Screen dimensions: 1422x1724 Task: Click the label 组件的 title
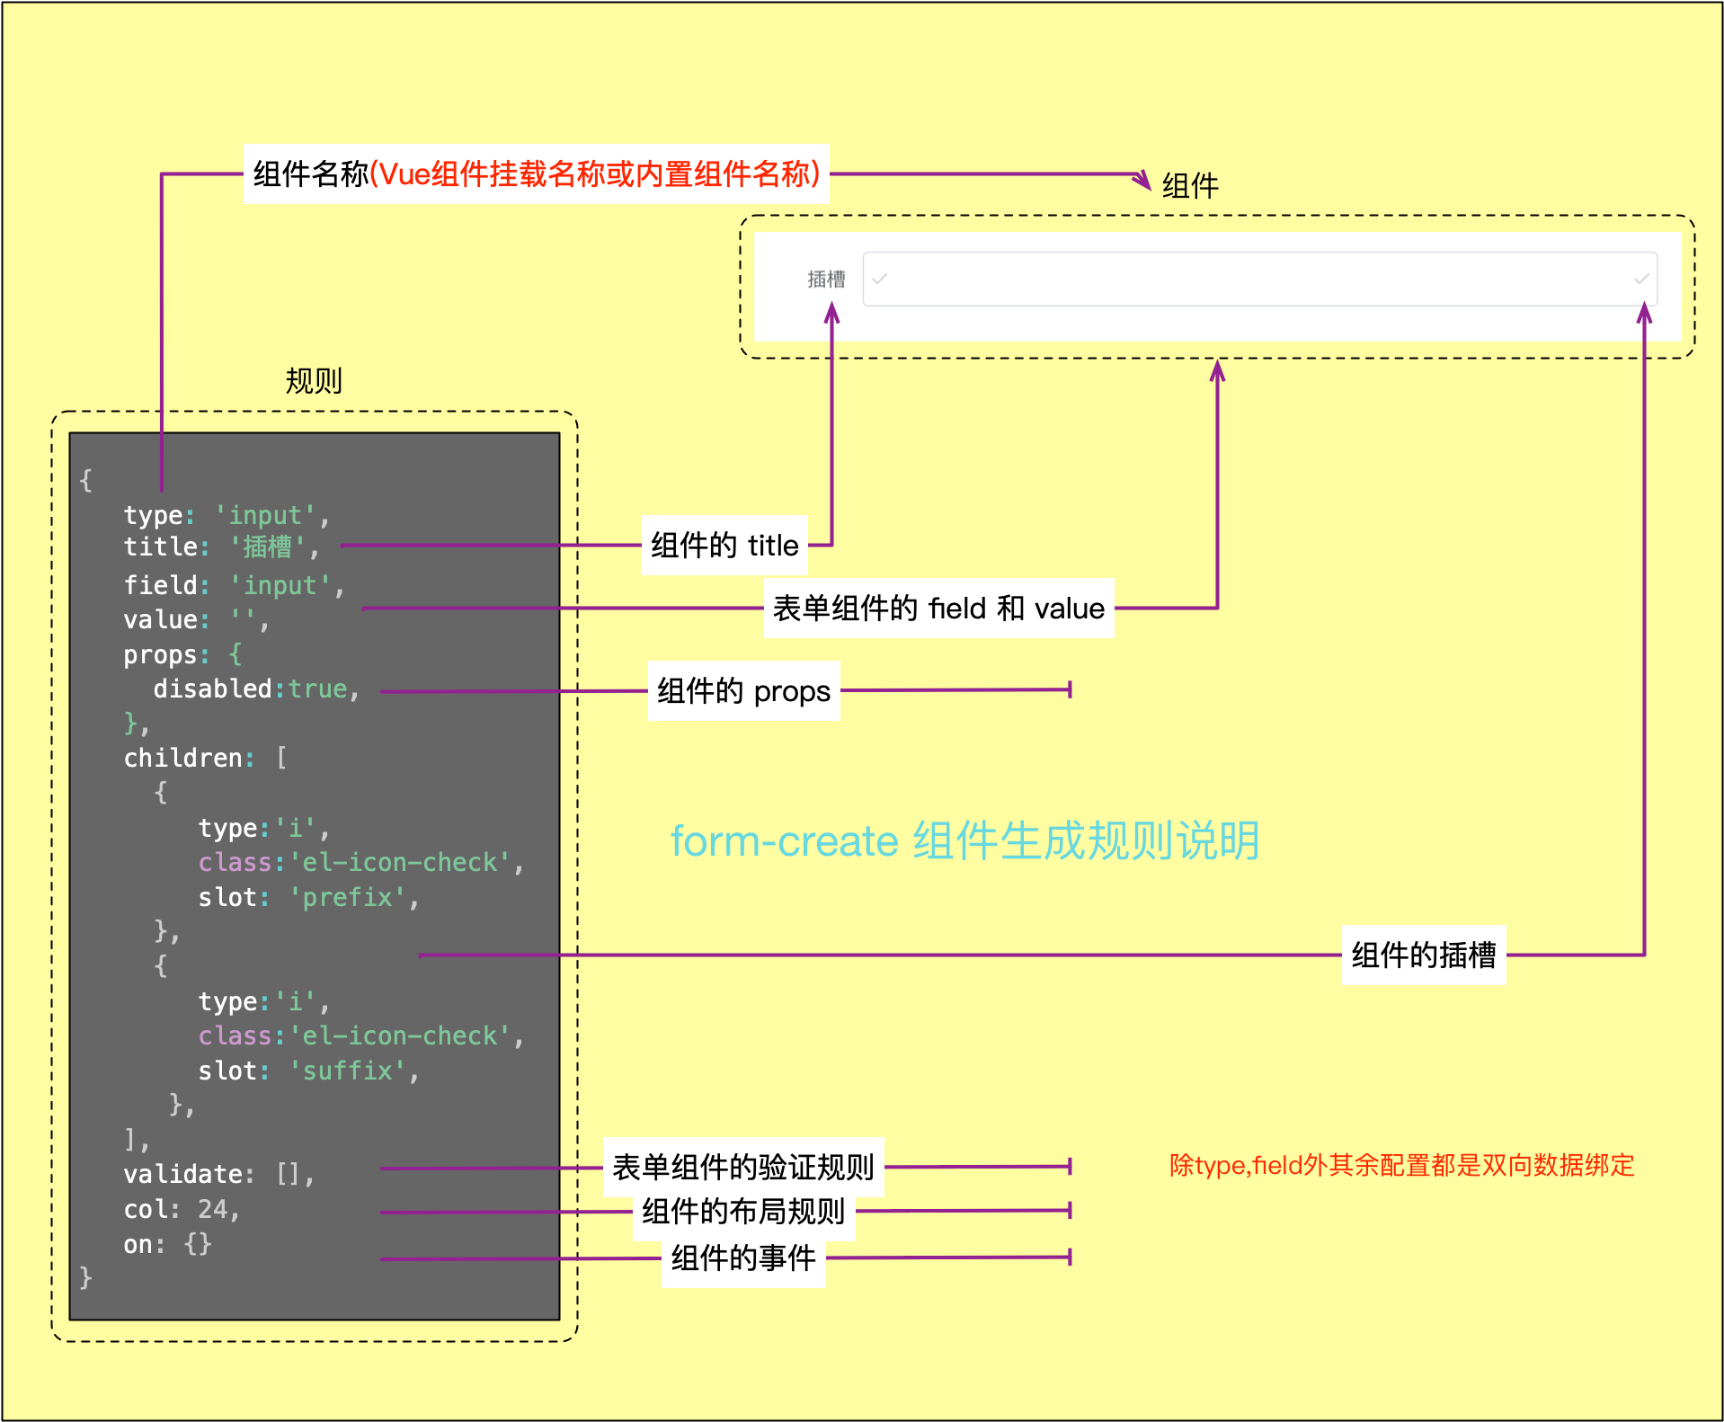(724, 546)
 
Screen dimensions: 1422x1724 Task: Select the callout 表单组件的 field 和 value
(938, 609)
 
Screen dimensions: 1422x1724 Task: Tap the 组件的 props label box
(743, 691)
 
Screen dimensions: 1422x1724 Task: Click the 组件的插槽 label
(1423, 955)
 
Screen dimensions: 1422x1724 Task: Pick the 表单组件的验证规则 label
(742, 1168)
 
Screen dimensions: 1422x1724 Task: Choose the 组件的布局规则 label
(742, 1212)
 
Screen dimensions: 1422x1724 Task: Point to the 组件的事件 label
(742, 1258)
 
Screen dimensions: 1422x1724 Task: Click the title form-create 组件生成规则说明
(964, 841)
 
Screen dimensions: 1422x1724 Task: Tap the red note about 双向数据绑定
(1400, 1166)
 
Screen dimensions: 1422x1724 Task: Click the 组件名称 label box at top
(536, 174)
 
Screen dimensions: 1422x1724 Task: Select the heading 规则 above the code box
(314, 381)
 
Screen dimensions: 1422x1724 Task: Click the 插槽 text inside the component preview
(826, 280)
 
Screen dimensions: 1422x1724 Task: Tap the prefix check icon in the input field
(880, 280)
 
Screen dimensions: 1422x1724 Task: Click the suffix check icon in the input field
(1640, 280)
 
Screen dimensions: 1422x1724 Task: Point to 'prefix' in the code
(347, 898)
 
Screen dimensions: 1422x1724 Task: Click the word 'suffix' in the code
(347, 1071)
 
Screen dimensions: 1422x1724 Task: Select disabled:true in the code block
(255, 689)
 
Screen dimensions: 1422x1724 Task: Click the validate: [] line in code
(218, 1175)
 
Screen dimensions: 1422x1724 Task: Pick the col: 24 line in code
(181, 1210)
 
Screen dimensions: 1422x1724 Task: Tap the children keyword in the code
(182, 759)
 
